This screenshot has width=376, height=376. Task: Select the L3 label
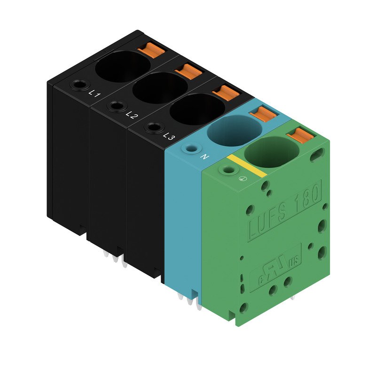pyautogui.click(x=169, y=137)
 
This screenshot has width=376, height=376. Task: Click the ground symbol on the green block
pyautogui.click(x=243, y=178)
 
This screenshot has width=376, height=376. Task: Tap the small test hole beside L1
pyautogui.click(x=78, y=85)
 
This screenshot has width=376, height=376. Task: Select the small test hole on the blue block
pyautogui.click(x=191, y=149)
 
